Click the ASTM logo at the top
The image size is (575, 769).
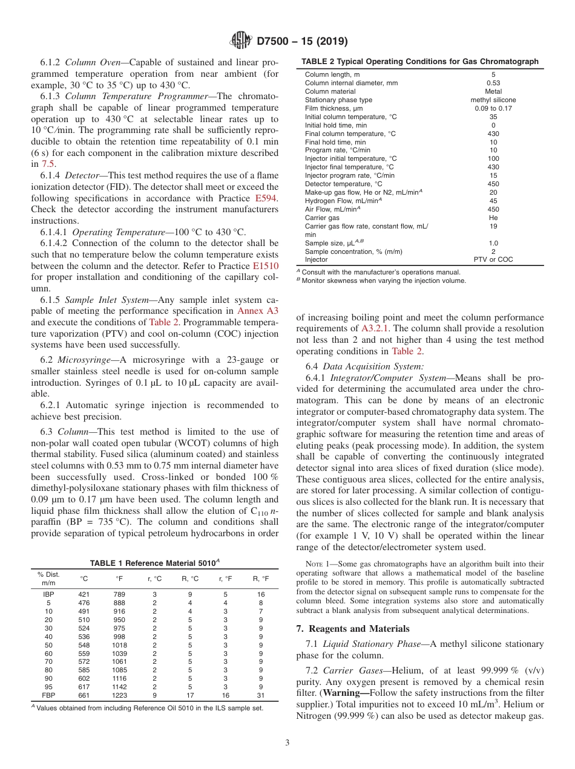point(241,41)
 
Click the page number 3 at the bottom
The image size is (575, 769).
point(287,742)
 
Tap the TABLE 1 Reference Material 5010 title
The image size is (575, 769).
point(154,563)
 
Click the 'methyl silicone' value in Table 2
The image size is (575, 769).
point(493,100)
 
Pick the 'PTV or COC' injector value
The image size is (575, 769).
point(493,259)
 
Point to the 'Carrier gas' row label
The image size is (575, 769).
point(322,217)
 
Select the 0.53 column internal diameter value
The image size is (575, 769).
point(493,83)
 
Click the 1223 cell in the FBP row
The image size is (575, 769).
point(119,696)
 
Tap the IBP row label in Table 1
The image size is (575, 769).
point(48,594)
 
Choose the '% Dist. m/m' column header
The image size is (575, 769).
point(48,579)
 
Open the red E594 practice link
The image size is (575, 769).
point(266,198)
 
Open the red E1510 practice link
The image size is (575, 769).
point(266,266)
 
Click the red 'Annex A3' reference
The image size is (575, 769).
point(258,311)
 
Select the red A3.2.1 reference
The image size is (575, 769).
point(375,328)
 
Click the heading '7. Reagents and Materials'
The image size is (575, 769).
point(352,629)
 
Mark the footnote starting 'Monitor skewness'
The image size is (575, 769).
point(383,281)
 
